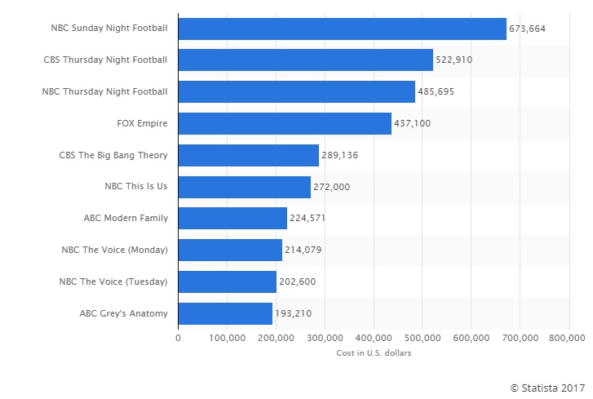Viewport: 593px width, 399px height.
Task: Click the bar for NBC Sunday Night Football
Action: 342,29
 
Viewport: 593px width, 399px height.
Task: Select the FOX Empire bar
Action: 285,123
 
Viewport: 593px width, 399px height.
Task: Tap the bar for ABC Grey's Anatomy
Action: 225,313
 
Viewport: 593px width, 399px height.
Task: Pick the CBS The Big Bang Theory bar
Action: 248,155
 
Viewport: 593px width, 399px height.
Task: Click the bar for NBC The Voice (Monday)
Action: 230,250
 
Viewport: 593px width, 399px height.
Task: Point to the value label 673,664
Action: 527,29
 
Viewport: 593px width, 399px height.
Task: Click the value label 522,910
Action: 454,60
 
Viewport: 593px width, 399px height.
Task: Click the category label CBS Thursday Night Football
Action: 105,60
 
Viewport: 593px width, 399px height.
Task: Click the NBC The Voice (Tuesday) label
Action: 113,282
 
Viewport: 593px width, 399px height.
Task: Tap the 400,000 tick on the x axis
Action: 374,336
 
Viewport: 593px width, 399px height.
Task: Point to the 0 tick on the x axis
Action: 178,336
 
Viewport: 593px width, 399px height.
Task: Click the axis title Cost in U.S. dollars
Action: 374,352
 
